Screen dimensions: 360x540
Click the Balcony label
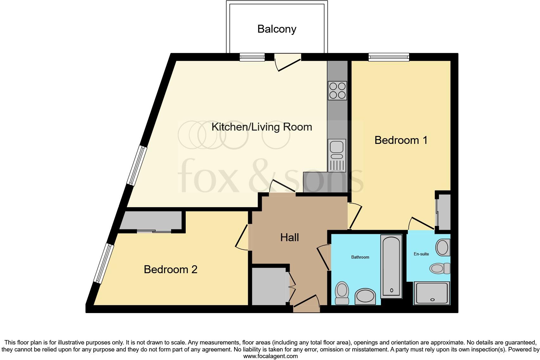277,29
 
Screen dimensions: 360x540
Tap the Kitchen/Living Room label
261,127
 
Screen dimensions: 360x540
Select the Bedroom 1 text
401,140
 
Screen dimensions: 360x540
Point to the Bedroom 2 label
170,269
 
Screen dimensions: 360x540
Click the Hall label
289,237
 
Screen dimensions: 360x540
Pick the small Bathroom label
360,257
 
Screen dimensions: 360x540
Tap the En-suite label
421,254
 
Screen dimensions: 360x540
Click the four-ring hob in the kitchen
337,91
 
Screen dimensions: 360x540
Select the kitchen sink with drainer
337,155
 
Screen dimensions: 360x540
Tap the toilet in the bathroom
342,293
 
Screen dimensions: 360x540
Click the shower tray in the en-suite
431,293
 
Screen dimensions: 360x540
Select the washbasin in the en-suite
443,248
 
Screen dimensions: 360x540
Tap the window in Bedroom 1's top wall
389,57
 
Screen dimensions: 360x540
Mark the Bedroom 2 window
104,264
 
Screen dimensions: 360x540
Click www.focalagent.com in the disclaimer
270,356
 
